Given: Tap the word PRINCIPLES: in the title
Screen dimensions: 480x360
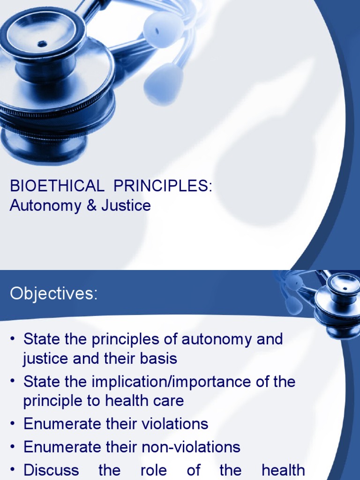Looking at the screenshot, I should (163, 186).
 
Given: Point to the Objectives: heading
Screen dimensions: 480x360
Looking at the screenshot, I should (54, 294).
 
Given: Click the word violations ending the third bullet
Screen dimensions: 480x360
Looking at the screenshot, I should (170, 424).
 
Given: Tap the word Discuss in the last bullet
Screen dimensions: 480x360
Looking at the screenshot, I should (51, 470).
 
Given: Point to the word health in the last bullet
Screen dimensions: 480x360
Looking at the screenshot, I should (283, 470).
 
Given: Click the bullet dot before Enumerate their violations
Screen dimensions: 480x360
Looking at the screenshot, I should (13, 424).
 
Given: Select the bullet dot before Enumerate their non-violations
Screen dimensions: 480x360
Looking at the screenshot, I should (13, 447).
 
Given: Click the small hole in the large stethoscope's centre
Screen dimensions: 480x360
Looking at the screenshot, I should (42, 44).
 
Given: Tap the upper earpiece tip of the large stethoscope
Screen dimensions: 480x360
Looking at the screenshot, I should (163, 29).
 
